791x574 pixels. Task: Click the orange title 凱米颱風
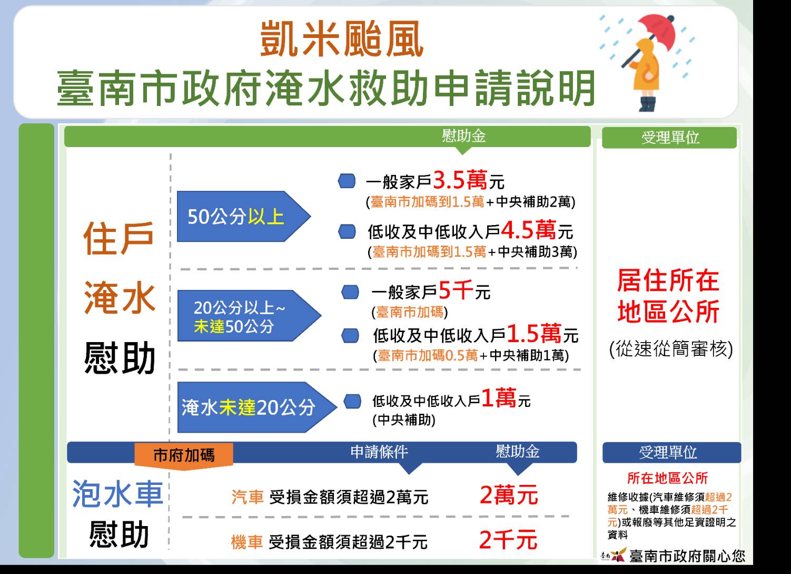point(342,38)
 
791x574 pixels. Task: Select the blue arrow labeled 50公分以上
point(244,216)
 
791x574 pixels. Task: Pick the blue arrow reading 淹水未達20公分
point(257,407)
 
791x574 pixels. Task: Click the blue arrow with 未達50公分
point(249,316)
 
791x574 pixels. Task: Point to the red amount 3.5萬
point(460,180)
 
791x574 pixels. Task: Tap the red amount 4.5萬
point(529,230)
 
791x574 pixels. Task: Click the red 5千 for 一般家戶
point(456,290)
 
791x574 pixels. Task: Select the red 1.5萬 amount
point(533,333)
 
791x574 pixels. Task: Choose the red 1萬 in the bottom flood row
point(499,397)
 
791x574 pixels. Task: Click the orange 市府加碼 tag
point(184,455)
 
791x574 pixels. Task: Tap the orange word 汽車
point(248,497)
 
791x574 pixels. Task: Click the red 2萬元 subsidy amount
point(509,495)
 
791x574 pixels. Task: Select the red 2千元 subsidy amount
point(508,540)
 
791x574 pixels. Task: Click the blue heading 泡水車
point(117,494)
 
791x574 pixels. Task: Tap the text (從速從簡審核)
point(671,349)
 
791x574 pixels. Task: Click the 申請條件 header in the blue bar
point(379,452)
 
